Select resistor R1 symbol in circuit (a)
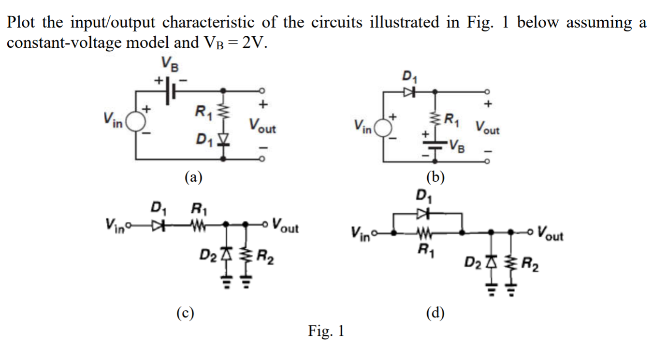click(x=223, y=115)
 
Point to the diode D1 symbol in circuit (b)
click(x=408, y=91)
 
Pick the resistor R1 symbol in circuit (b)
click(x=435, y=119)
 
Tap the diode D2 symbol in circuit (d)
click(x=492, y=262)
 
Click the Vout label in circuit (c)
click(x=285, y=225)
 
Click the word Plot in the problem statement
click(x=21, y=23)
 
